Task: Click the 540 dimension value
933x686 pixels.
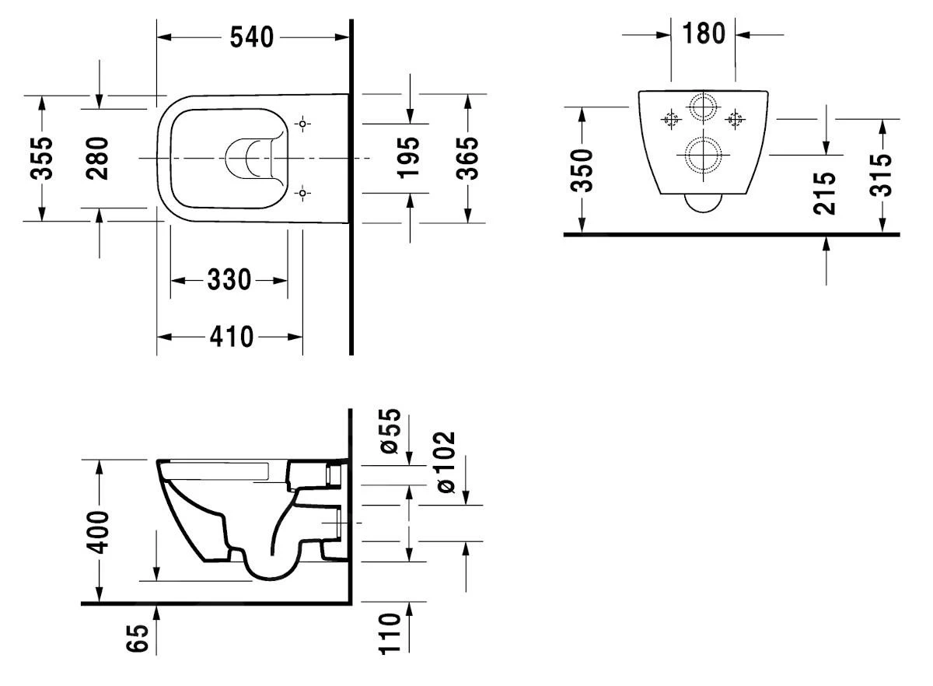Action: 252,37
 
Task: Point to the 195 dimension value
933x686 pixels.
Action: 409,158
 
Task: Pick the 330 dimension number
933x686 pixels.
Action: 229,280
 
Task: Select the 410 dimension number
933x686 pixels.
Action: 230,337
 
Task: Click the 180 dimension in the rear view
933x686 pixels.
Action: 703,33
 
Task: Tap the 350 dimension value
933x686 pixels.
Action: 582,171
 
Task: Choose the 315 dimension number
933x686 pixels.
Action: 882,175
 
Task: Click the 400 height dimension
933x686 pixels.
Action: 99,531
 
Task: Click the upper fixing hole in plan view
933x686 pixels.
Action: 303,124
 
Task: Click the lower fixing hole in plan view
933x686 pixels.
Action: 303,192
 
